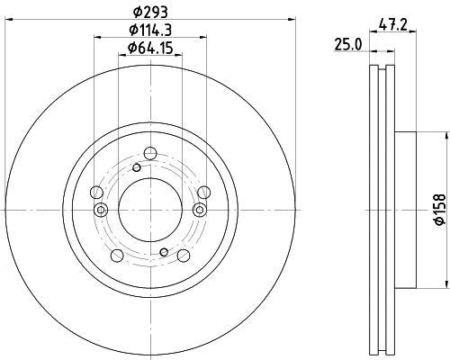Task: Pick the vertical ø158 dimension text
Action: click(x=440, y=209)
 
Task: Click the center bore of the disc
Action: click(x=151, y=209)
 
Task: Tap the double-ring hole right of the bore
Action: click(x=201, y=210)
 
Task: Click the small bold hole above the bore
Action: click(x=137, y=167)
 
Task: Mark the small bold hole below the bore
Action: click(x=164, y=252)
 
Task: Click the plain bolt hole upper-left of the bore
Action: click(x=96, y=190)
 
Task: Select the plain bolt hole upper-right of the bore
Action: click(x=204, y=190)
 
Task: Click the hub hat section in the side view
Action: click(x=407, y=209)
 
